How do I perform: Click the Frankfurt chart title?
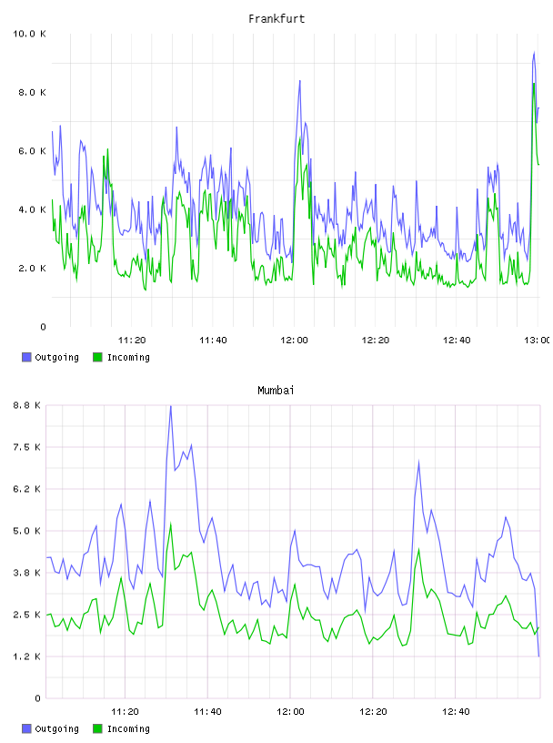tap(276, 19)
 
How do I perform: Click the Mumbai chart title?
tap(276, 391)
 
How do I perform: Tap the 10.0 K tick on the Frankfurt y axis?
tap(29, 34)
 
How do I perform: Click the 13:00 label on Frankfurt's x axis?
tap(538, 341)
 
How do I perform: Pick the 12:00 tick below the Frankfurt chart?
tap(294, 341)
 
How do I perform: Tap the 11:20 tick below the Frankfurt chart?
tap(132, 341)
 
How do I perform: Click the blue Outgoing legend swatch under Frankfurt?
tap(26, 357)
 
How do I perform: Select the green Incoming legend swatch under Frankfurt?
tap(97, 357)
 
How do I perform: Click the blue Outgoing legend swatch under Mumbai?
tap(26, 728)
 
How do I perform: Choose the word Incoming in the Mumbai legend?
tap(128, 728)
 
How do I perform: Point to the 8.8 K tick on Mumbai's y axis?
tap(26, 405)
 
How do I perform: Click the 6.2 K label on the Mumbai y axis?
tap(26, 489)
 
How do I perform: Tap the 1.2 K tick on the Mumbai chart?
tap(26, 656)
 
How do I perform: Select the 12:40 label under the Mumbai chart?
tap(456, 712)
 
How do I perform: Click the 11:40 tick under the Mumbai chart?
tap(207, 712)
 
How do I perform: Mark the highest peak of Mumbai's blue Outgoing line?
tap(170, 406)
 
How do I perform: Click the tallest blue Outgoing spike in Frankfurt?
tap(534, 53)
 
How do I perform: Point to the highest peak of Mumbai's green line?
tap(170, 524)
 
